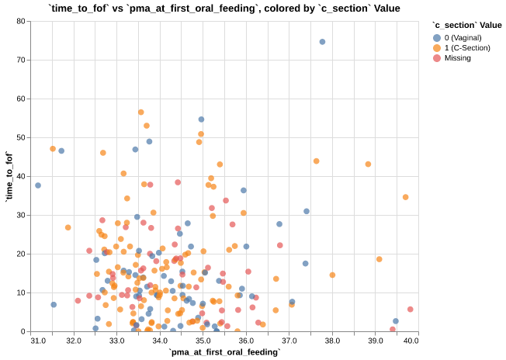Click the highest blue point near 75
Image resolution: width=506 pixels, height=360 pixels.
[322, 42]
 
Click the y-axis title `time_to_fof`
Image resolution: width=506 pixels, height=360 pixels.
[9, 176]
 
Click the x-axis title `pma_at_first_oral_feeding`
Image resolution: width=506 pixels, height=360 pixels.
[224, 352]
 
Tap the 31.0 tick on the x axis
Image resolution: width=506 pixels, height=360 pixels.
[37, 340]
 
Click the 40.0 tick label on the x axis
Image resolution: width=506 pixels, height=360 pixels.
[411, 340]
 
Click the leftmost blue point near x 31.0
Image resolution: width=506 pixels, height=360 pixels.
[38, 185]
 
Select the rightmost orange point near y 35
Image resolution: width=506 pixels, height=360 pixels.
[405, 197]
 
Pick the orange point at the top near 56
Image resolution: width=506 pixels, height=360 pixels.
[141, 112]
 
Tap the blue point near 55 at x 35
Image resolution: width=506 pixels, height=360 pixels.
[201, 119]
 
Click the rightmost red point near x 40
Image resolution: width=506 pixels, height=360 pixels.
[410, 310]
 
